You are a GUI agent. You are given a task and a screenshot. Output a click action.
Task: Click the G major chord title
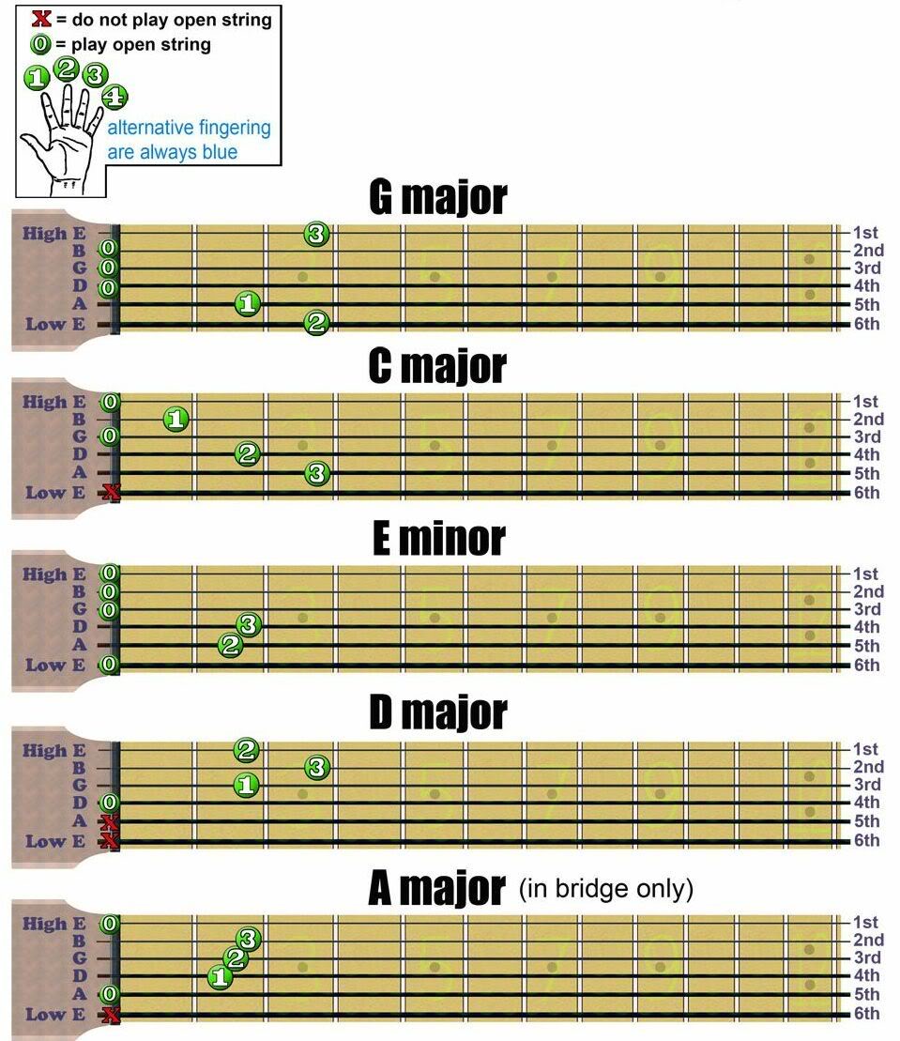coord(438,197)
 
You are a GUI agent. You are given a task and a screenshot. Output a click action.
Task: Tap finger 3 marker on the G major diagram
coord(317,234)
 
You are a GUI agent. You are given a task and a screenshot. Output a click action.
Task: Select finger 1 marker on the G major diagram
coord(247,303)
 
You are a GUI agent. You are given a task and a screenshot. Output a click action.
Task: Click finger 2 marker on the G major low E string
coord(316,324)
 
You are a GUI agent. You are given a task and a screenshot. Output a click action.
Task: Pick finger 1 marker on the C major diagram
coord(175,419)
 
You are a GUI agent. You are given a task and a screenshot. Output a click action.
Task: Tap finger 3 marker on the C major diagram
coord(317,474)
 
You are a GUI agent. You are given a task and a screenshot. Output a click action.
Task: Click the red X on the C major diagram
coord(112,493)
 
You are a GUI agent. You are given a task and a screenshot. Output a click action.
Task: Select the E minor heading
coord(438,539)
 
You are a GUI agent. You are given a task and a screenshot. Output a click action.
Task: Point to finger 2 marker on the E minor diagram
coord(230,645)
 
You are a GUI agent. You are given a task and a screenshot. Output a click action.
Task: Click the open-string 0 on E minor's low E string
coord(110,665)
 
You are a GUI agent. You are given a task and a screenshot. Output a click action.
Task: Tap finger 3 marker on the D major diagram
coord(317,767)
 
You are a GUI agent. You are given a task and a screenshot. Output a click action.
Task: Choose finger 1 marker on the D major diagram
coord(247,784)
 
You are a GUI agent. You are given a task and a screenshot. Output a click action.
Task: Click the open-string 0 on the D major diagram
coord(110,803)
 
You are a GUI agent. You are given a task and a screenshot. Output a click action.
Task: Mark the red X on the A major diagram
coord(111,1014)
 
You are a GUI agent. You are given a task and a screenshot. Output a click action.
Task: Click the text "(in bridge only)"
coord(605,888)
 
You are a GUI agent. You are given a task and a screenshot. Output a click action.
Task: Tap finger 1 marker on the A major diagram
coord(220,977)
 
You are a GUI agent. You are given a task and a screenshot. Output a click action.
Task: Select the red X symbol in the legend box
coord(41,19)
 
